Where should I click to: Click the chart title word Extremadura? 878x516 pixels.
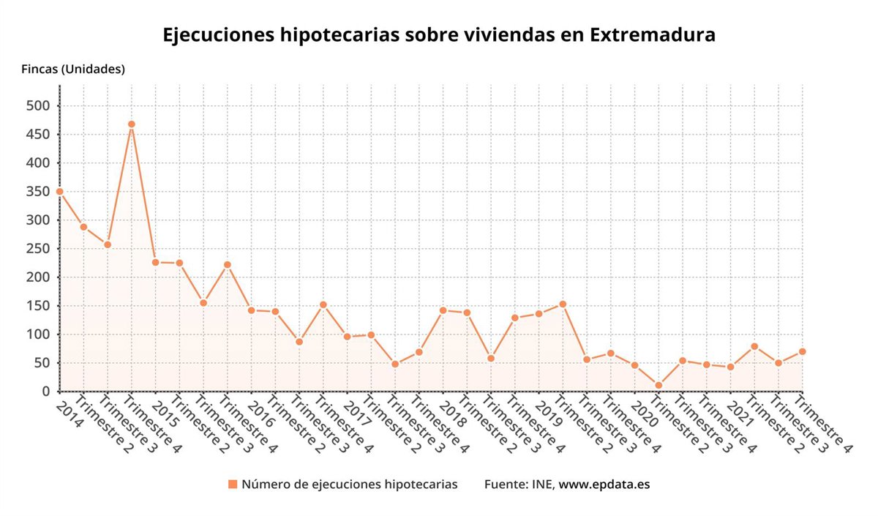coord(652,35)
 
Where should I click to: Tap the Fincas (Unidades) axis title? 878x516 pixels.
coord(72,70)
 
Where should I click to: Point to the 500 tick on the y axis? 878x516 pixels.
coord(37,106)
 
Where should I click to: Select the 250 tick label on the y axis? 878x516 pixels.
coord(37,249)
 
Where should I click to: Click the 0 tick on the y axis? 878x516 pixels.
coord(45,392)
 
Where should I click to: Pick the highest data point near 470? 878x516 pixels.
coord(132,124)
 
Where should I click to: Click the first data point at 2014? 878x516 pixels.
coord(60,192)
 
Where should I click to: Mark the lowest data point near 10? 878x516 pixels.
coord(658,385)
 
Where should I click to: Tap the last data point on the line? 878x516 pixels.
coord(802,351)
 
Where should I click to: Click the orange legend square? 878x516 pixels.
coord(233,485)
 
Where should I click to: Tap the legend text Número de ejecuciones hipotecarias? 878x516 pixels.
coord(350,485)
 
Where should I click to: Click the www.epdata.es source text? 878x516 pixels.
coord(604,485)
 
